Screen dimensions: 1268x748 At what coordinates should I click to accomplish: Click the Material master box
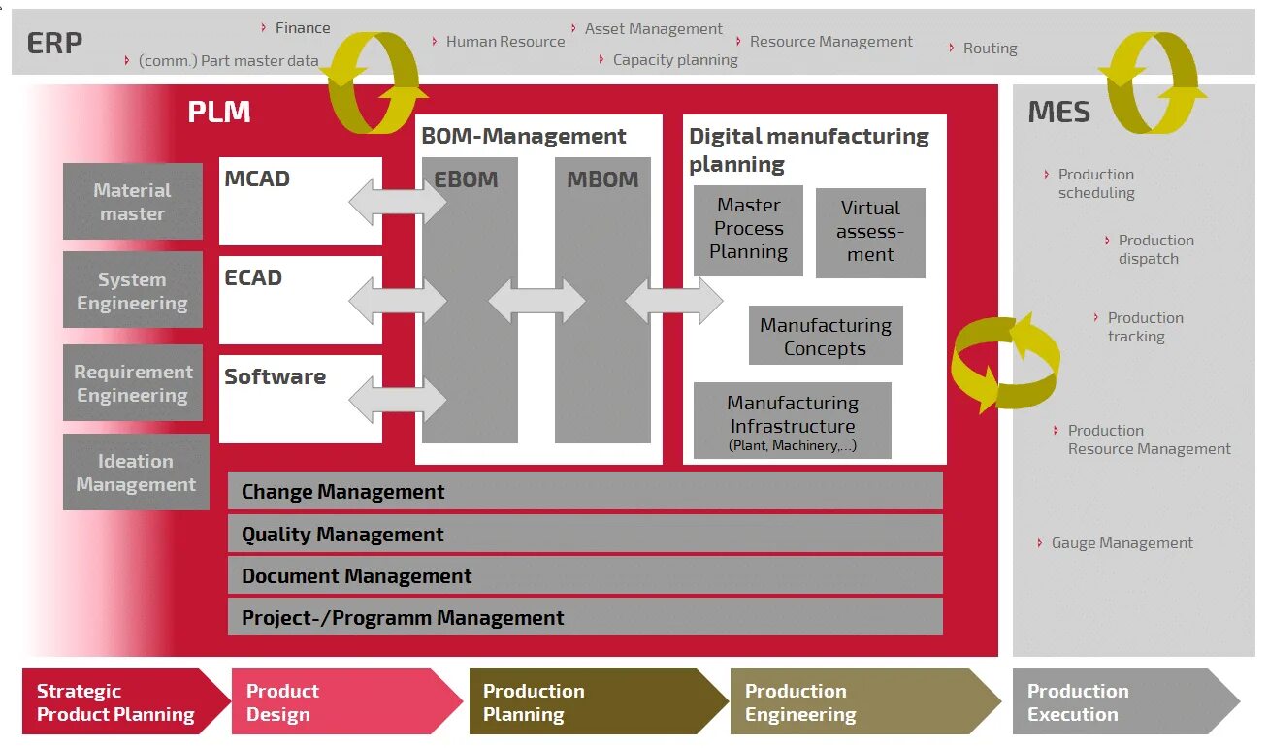[133, 202]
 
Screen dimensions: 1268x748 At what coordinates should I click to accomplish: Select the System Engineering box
[133, 291]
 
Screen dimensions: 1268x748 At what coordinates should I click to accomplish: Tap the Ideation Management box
[136, 472]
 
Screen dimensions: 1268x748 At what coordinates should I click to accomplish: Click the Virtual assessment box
[870, 233]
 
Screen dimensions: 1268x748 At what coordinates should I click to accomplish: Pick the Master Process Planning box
[748, 230]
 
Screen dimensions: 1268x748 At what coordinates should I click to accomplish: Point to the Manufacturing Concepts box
[826, 337]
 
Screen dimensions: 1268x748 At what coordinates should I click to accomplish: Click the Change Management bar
[585, 491]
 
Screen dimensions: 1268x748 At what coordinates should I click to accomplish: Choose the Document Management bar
[585, 575]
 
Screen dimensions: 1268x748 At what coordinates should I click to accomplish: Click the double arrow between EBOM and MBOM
[536, 303]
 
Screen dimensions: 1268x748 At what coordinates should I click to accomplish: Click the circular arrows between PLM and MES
[1005, 361]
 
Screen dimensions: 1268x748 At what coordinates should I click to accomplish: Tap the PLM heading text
[219, 113]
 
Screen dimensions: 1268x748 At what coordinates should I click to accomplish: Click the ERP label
[54, 44]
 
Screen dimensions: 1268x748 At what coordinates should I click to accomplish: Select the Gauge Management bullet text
[1122, 543]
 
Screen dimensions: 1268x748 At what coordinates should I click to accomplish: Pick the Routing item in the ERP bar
[990, 49]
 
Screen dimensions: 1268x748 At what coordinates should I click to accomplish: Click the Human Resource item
[504, 42]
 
